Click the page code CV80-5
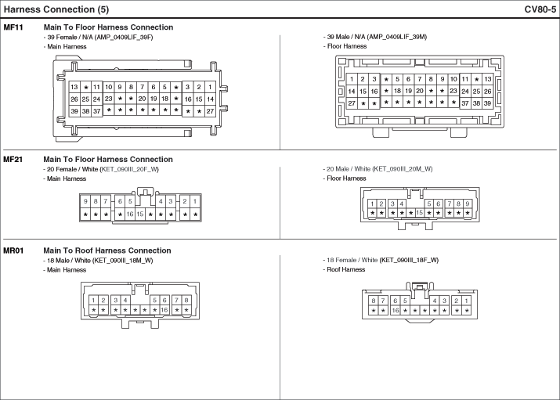pos(540,9)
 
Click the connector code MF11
pos(13,27)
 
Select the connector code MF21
pos(13,160)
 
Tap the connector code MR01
pos(14,250)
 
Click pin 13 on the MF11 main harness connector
pos(74,87)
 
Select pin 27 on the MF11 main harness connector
pos(210,111)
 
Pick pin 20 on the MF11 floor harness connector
pos(420,91)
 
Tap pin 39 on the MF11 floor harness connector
pos(487,103)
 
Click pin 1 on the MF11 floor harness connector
pos(352,79)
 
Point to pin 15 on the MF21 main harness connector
pos(140,214)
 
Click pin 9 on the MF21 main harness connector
pos(85,202)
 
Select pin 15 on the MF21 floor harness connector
pos(419,213)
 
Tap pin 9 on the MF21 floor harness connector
pos(468,204)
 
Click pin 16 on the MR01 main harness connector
pos(164,310)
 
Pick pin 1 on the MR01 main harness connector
pos(93,300)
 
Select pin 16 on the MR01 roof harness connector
pos(395,310)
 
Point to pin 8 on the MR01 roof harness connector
pos(374,301)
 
